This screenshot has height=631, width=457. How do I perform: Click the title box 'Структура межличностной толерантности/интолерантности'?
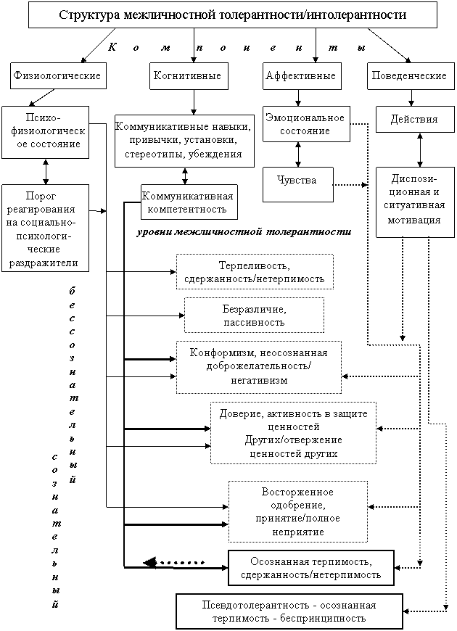tap(232, 15)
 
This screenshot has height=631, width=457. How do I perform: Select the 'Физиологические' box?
tap(56, 75)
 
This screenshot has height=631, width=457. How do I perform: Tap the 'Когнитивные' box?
tap(186, 75)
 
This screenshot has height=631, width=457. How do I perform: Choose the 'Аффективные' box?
tap(300, 75)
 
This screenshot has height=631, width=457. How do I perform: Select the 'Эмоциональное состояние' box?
tap(305, 124)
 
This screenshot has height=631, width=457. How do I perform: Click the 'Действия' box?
tap(413, 119)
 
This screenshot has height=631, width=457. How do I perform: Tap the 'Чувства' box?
tap(297, 180)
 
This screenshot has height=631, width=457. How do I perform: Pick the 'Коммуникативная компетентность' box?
tap(189, 202)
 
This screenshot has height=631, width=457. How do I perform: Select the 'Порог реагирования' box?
tap(45, 228)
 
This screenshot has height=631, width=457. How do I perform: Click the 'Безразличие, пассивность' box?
tap(254, 315)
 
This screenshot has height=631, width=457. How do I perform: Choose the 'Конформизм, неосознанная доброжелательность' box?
tap(258, 366)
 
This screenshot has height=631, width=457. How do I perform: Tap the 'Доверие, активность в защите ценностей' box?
tap(294, 433)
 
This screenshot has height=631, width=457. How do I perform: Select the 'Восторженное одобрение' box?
tap(297, 511)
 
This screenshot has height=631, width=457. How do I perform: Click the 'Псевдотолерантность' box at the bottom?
tap(289, 611)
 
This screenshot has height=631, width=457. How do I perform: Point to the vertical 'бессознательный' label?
tap(71, 384)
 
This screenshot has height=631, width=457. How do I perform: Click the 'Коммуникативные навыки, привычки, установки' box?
tap(184, 141)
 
